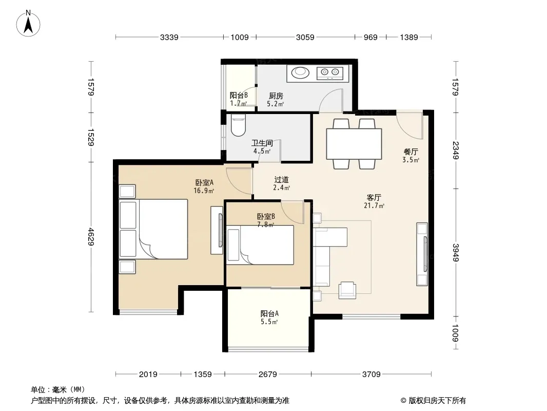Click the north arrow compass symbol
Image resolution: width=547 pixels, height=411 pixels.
pyautogui.click(x=28, y=24)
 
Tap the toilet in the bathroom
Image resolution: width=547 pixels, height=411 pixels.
pyautogui.click(x=238, y=125)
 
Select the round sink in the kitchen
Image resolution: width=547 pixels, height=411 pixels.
pyautogui.click(x=300, y=72)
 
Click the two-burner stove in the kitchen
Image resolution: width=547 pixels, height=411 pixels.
pyautogui.click(x=329, y=72)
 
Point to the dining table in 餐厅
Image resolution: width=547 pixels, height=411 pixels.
pyautogui.click(x=354, y=144)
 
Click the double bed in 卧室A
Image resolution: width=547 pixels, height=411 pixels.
pyautogui.click(x=153, y=229)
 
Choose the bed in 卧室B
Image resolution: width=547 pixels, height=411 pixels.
pyautogui.click(x=260, y=245)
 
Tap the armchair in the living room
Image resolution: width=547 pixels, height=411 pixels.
pyautogui.click(x=347, y=290)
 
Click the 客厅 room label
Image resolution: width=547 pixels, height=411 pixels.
pyautogui.click(x=374, y=198)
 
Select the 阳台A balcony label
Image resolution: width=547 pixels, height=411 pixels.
pyautogui.click(x=269, y=314)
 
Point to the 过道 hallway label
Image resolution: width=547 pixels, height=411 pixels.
pyautogui.click(x=282, y=180)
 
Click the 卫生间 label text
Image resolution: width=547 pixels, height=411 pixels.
pyautogui.click(x=262, y=143)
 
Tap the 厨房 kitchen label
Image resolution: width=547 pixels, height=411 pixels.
pyautogui.click(x=276, y=96)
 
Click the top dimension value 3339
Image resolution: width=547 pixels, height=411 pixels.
pyautogui.click(x=169, y=37)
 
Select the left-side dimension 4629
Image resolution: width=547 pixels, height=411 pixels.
pyautogui.click(x=91, y=236)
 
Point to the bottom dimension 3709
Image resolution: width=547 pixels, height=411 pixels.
pyautogui.click(x=371, y=375)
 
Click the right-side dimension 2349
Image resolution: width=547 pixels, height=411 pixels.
pyautogui.click(x=456, y=150)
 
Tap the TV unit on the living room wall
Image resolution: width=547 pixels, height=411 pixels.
pyautogui.click(x=422, y=254)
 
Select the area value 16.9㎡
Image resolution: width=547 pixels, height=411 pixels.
pyautogui.click(x=204, y=191)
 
